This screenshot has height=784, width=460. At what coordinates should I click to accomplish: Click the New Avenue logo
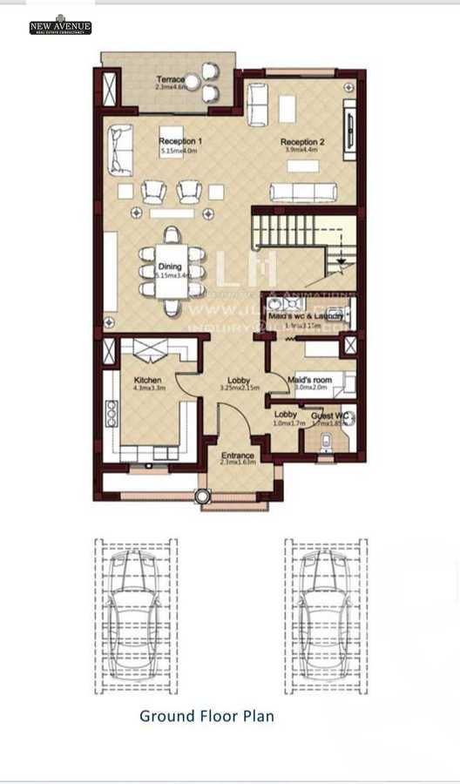60,25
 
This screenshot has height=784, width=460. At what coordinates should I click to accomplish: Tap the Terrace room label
171,79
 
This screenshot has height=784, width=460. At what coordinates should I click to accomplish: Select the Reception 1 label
180,141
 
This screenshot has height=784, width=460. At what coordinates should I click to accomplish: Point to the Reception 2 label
302,142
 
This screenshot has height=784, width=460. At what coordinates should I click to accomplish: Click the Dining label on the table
170,267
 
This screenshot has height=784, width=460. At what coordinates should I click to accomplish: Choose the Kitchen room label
147,381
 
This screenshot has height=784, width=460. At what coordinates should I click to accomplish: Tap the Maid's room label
309,380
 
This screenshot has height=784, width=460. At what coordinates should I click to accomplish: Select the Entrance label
237,456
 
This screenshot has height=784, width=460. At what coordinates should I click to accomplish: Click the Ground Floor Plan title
206,716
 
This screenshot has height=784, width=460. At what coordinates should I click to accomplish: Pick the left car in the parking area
135,614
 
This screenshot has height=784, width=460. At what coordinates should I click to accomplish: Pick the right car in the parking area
325,614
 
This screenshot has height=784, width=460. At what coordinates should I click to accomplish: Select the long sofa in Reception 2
302,193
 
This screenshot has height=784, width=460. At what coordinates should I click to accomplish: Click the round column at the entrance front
202,497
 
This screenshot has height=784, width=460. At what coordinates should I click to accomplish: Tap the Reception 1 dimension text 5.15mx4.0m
180,152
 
